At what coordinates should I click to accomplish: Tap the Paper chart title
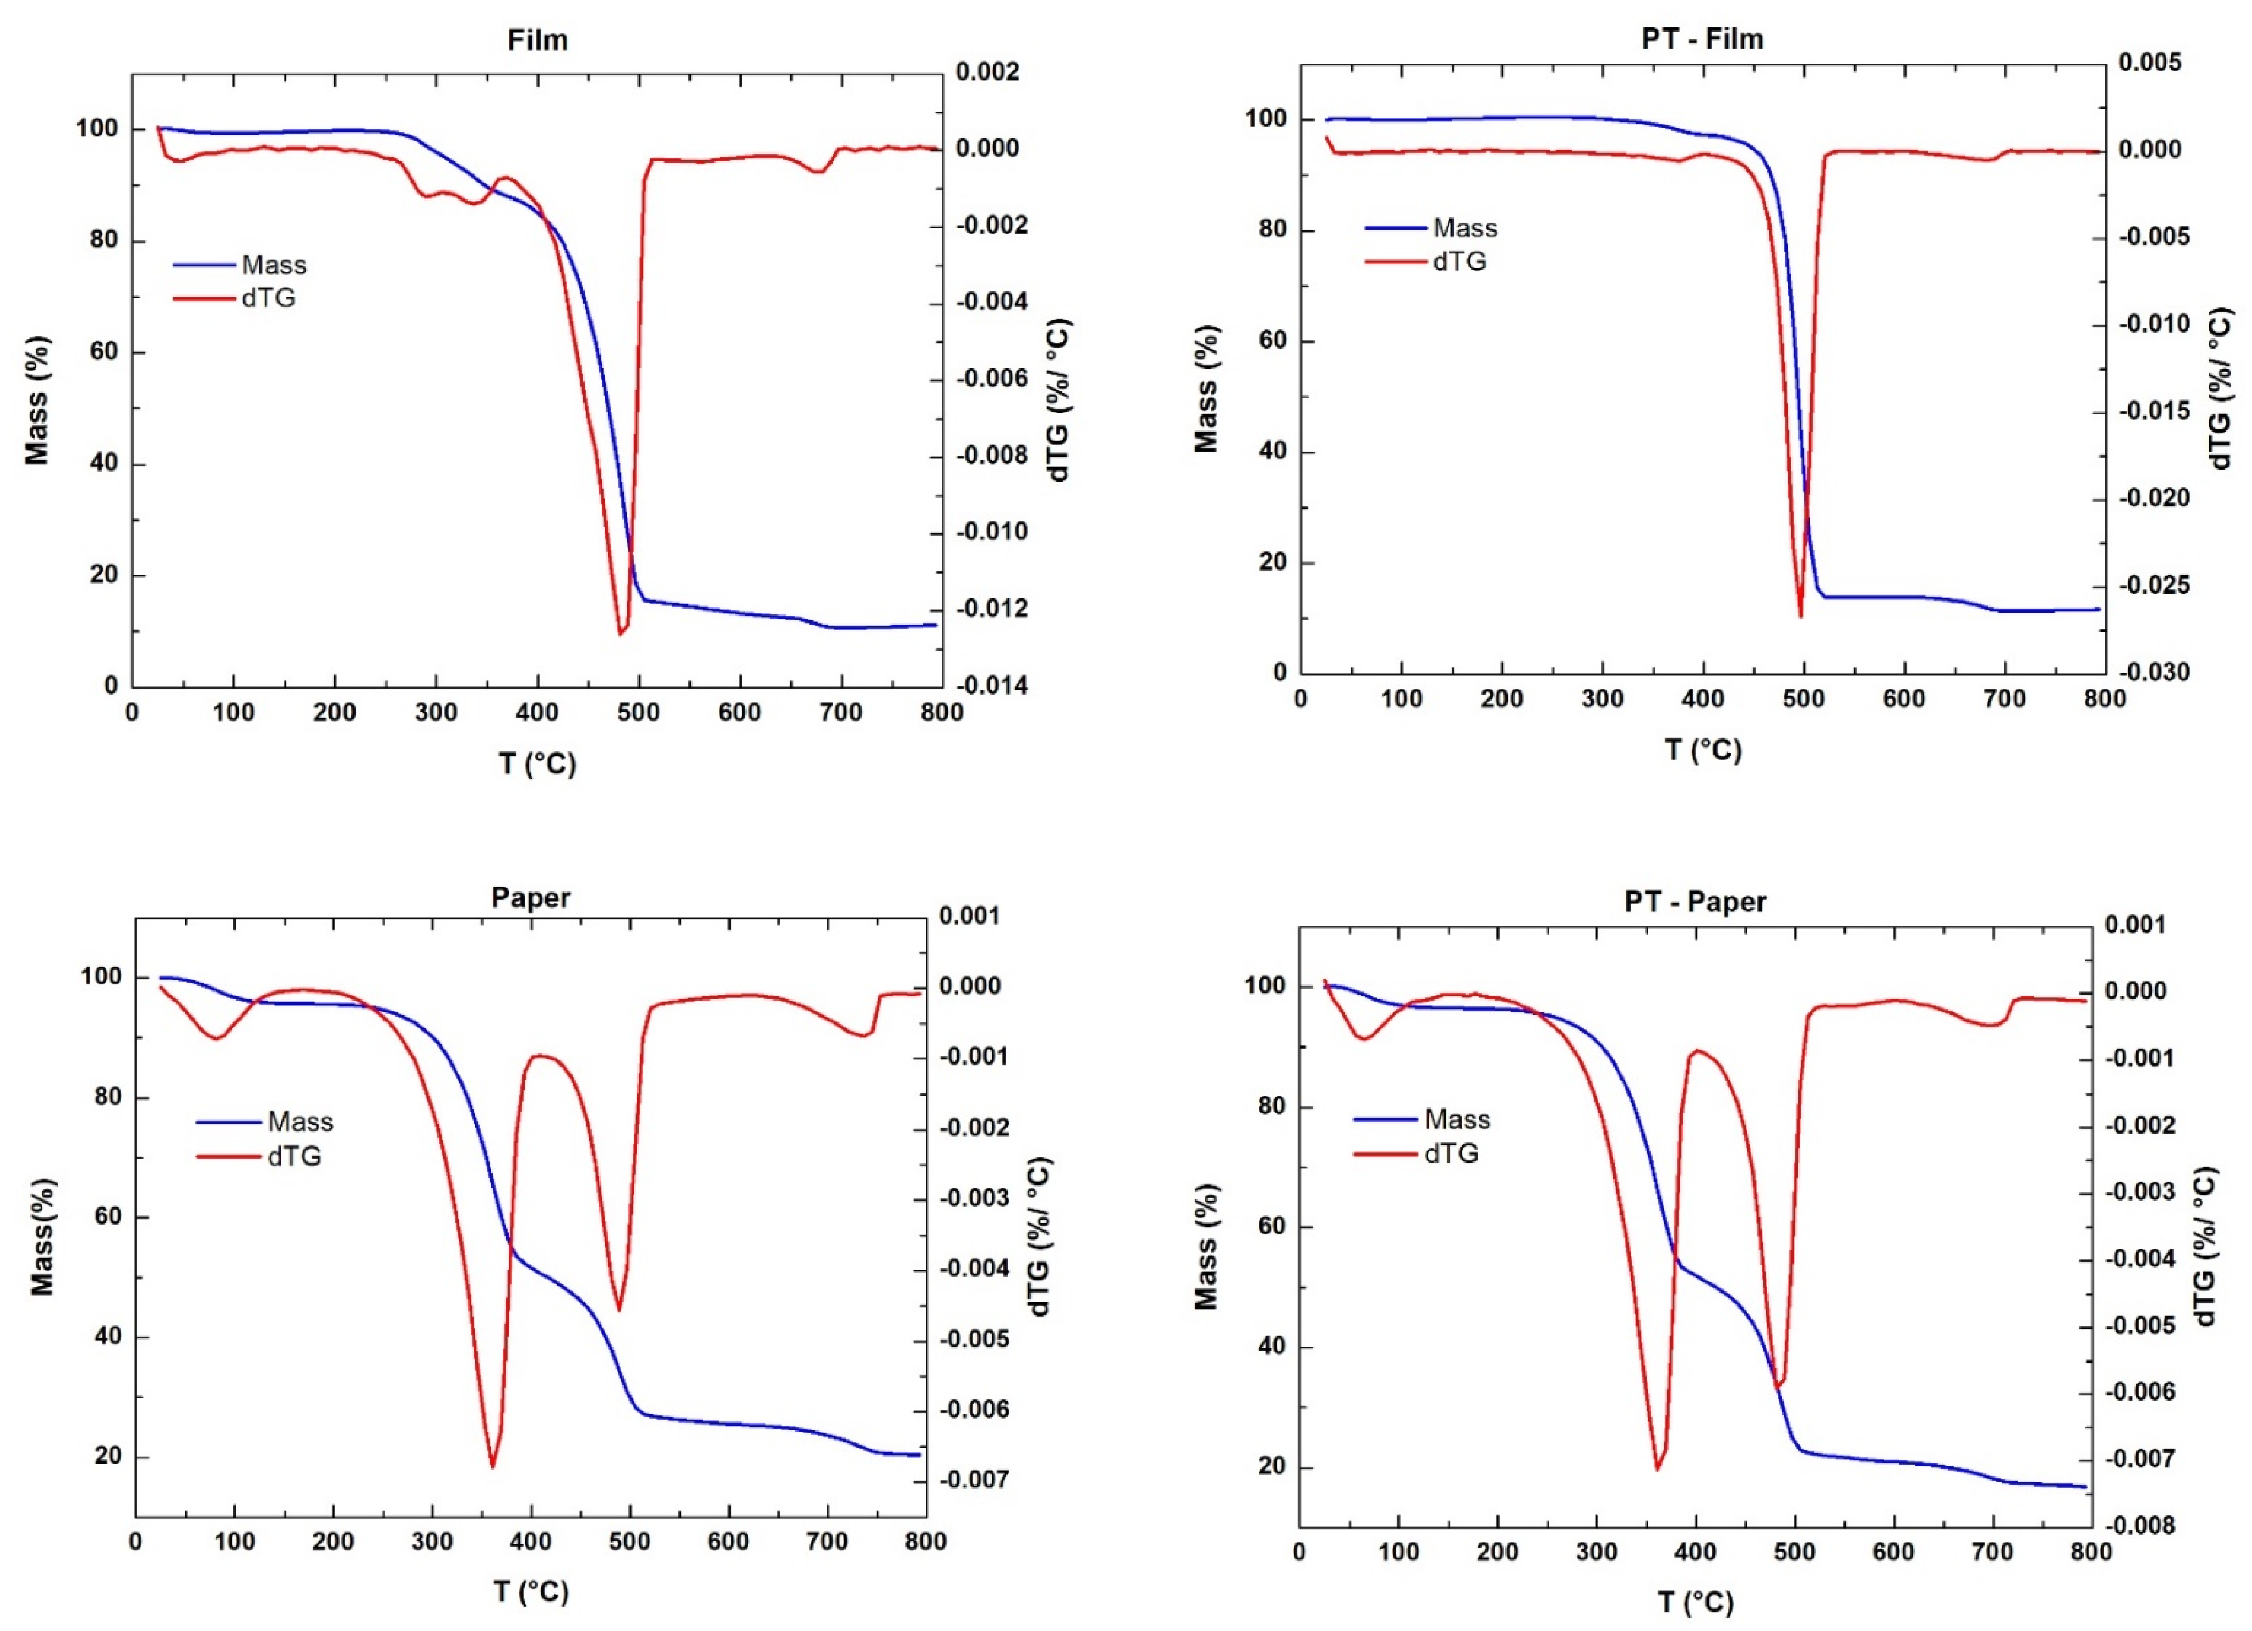531,897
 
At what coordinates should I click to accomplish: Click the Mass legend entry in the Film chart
273,265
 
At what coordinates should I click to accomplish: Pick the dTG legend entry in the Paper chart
294,1157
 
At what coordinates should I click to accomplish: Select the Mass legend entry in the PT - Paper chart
1457,1120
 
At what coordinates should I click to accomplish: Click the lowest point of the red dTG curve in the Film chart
620,633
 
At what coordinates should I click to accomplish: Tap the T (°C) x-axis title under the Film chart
537,764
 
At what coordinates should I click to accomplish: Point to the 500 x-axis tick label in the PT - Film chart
1803,699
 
